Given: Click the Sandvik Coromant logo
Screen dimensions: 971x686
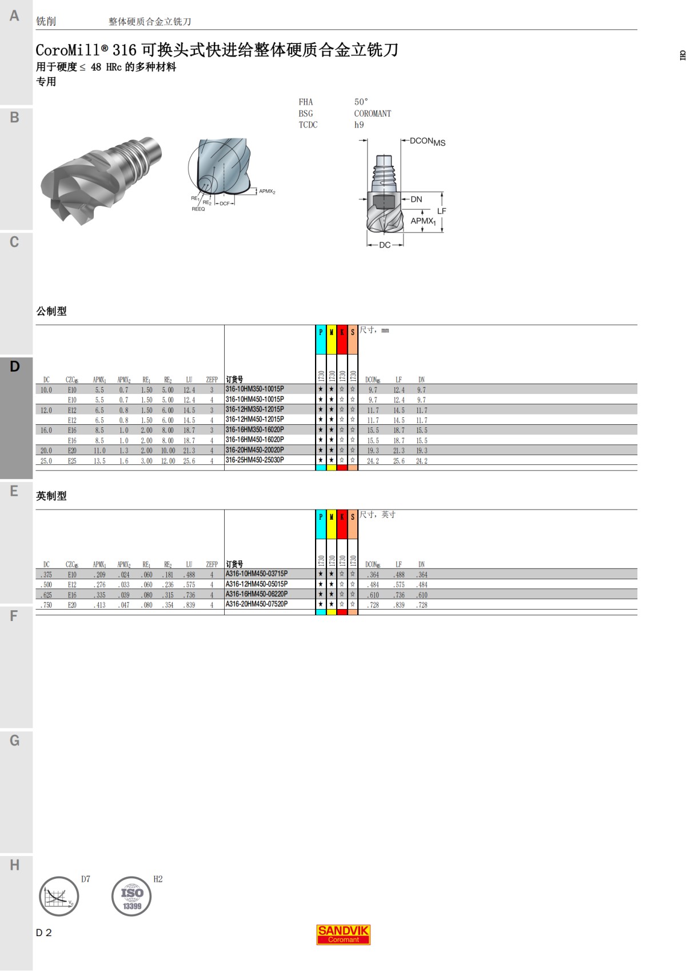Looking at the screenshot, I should coord(344,934).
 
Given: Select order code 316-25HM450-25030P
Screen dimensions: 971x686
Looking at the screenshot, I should coord(254,460).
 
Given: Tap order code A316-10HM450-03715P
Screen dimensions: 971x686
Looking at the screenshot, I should coord(256,574).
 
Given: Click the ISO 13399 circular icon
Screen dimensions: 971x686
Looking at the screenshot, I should coord(131,896).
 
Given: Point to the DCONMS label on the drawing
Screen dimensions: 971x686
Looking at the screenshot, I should coord(427,141).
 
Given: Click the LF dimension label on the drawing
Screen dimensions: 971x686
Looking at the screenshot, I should coord(441,211).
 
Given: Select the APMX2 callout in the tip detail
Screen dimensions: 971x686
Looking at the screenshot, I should coord(267,192).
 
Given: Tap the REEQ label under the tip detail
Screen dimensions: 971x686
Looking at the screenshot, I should coord(198,209).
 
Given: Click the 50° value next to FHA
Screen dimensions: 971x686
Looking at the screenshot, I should coord(361,102).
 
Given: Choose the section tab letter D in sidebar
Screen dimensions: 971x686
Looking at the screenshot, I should coord(15,367).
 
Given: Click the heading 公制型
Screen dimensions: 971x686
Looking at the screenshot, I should coord(51,311).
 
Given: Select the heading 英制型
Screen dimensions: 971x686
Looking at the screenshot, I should coord(51,496).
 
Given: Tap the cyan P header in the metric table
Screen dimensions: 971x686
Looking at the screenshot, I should coord(321,332).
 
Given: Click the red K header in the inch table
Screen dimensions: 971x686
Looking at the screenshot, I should coord(342,517).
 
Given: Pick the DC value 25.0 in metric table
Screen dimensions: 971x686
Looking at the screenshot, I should coord(46,461).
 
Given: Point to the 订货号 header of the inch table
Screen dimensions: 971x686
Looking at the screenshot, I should coord(234,564).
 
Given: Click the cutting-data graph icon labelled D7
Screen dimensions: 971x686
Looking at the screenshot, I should coord(59,896).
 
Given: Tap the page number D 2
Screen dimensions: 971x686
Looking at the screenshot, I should coord(43,933).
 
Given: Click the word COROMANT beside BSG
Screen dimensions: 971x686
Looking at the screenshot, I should coord(372,113).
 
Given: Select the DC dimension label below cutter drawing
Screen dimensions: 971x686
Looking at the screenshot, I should coord(385,245).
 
